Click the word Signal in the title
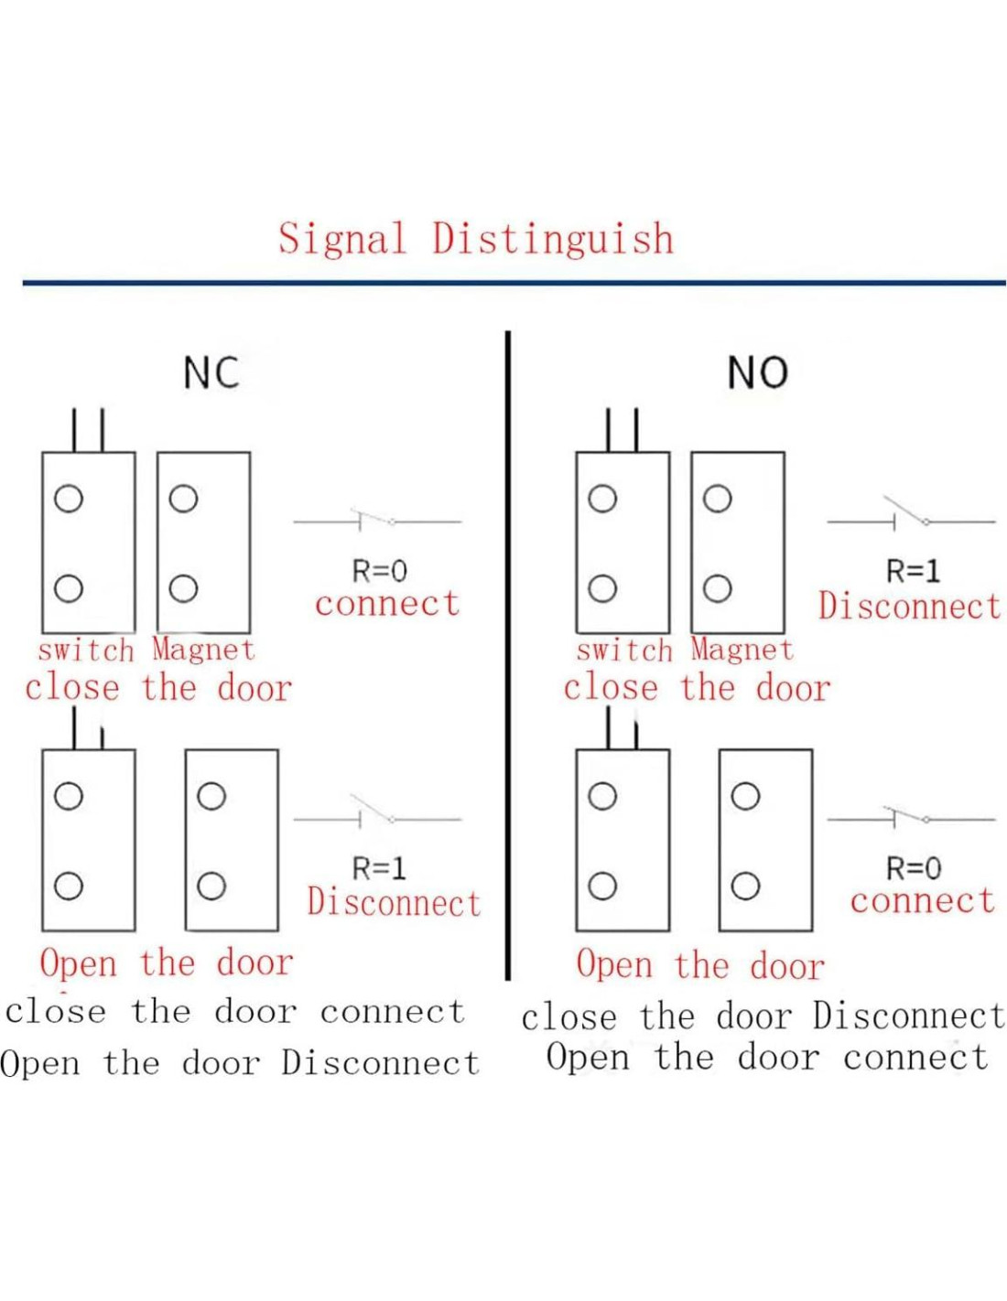(x=341, y=240)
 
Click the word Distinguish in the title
(x=553, y=240)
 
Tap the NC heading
(x=211, y=373)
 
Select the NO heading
(x=757, y=373)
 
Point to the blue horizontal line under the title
(x=513, y=283)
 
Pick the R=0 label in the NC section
(x=379, y=571)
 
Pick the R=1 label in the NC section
(x=378, y=868)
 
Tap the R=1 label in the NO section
(x=913, y=571)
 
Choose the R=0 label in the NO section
(x=913, y=868)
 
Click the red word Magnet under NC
(x=203, y=650)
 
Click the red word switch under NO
(x=624, y=650)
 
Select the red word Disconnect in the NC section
(x=394, y=903)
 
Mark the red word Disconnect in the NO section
(x=909, y=607)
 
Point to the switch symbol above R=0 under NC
(x=377, y=520)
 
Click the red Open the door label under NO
(x=700, y=965)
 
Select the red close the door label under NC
(x=158, y=688)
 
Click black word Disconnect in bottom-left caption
(x=380, y=1063)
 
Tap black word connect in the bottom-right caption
(x=915, y=1058)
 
